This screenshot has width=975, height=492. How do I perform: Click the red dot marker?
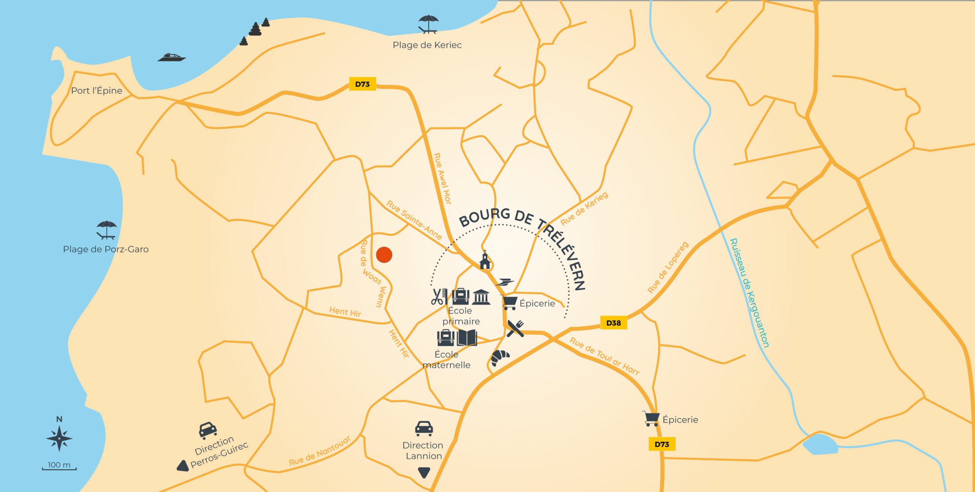click(x=384, y=255)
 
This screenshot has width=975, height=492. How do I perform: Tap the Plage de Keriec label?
click(x=427, y=45)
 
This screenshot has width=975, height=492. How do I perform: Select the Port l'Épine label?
click(x=96, y=91)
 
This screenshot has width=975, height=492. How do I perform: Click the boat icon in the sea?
click(x=172, y=58)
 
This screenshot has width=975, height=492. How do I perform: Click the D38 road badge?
click(x=613, y=323)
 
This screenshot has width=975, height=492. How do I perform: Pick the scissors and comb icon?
click(x=439, y=297)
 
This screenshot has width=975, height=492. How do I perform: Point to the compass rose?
click(x=59, y=439)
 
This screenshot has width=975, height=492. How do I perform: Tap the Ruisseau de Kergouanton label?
click(x=749, y=292)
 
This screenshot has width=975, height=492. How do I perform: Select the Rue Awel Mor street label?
click(x=443, y=179)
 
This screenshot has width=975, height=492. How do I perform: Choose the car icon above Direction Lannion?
click(x=424, y=428)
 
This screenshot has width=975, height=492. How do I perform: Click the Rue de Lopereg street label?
click(x=668, y=267)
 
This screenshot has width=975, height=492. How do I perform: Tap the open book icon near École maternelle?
click(x=467, y=337)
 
